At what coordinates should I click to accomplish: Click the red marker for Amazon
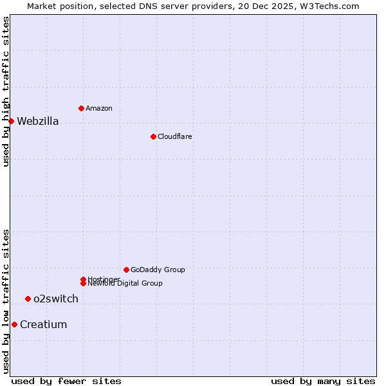[81, 108]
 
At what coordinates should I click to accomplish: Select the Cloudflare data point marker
[153, 136]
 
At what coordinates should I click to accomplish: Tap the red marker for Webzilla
[11, 121]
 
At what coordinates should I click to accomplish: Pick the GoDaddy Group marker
[126, 270]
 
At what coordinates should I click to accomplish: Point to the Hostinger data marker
[83, 279]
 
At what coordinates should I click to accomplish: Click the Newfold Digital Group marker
[83, 284]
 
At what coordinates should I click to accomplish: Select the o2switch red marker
[28, 299]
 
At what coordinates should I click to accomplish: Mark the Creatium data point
[14, 324]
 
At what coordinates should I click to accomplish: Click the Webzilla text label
[37, 122]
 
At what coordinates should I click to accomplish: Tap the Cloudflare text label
[174, 137]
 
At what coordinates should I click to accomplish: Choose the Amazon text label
[98, 109]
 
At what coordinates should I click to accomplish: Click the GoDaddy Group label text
[158, 270]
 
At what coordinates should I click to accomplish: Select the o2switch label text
[56, 299]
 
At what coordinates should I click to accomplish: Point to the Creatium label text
[43, 325]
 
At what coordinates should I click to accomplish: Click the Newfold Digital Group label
[125, 284]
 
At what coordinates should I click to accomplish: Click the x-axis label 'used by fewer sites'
[66, 381]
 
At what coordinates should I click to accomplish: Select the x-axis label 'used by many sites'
[323, 381]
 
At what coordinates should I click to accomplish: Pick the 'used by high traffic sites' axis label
[6, 91]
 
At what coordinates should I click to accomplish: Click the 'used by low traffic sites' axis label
[6, 301]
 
